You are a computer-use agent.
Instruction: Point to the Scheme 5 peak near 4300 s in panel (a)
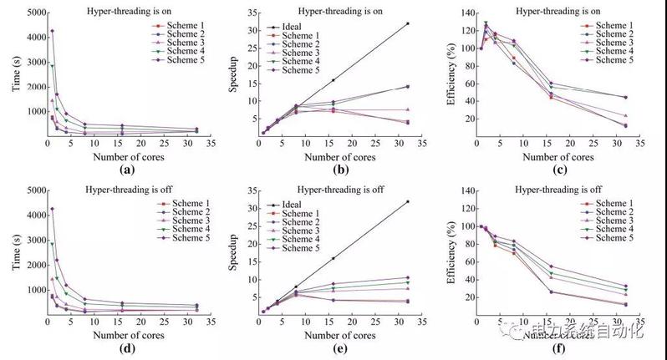[x=52, y=31]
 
